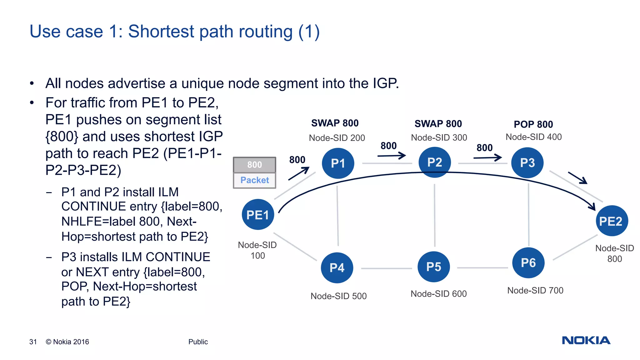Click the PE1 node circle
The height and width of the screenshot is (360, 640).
(258, 215)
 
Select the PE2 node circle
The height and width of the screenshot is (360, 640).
(612, 221)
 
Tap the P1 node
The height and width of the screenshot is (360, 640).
(338, 163)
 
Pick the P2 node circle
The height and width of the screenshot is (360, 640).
(434, 162)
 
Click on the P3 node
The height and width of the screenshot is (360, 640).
(527, 163)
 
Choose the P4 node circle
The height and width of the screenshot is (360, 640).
(337, 268)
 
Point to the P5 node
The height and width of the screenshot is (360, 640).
(433, 267)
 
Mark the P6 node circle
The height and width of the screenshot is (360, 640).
(528, 263)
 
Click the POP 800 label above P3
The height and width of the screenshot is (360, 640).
(533, 124)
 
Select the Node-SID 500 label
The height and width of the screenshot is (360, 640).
(338, 296)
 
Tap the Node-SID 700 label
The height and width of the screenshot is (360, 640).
(535, 290)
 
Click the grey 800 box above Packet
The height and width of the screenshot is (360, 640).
(254, 165)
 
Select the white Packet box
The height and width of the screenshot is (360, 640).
(254, 180)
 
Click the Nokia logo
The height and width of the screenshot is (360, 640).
(586, 340)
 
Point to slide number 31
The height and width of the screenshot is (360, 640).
(33, 342)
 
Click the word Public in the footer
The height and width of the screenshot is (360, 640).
(198, 342)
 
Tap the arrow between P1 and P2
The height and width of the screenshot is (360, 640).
(391, 155)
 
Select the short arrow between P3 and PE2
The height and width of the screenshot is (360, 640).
(577, 178)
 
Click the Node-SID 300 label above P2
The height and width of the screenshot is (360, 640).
(439, 137)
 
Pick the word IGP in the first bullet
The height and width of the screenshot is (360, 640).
(385, 83)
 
